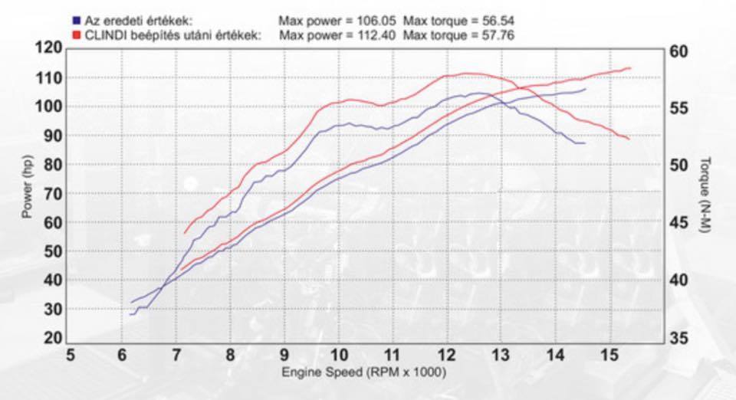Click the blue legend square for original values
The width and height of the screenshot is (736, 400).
[x=77, y=21]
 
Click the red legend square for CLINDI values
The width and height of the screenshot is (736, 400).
[x=77, y=35]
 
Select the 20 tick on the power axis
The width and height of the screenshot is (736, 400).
[x=51, y=338]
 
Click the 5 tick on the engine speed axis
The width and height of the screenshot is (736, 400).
[x=71, y=356]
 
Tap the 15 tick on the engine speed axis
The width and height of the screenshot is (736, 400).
[x=609, y=356]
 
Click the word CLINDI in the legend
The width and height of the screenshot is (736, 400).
[x=104, y=35]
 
